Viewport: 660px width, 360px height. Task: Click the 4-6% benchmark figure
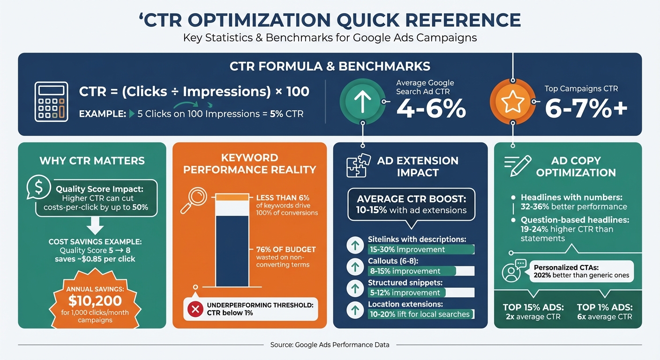click(431, 109)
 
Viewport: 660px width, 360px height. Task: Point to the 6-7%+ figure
click(586, 109)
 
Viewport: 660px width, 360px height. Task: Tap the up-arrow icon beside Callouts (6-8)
click(355, 267)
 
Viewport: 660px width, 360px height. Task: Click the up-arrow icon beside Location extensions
click(355, 310)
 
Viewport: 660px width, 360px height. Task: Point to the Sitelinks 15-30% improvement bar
click(421, 249)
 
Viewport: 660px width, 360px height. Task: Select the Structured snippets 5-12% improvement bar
click(421, 292)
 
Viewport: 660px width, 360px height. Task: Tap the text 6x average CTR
click(604, 317)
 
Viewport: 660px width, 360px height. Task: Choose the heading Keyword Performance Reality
click(249, 163)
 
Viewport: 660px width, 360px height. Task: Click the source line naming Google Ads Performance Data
click(330, 345)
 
